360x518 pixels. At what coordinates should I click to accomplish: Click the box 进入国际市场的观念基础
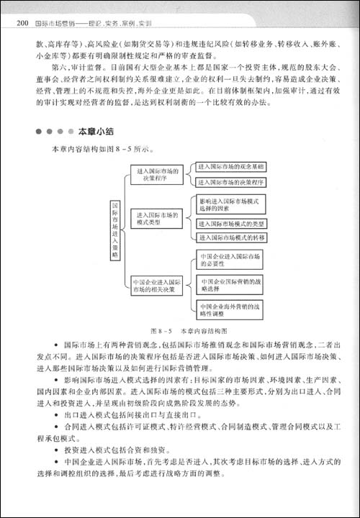(229, 167)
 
